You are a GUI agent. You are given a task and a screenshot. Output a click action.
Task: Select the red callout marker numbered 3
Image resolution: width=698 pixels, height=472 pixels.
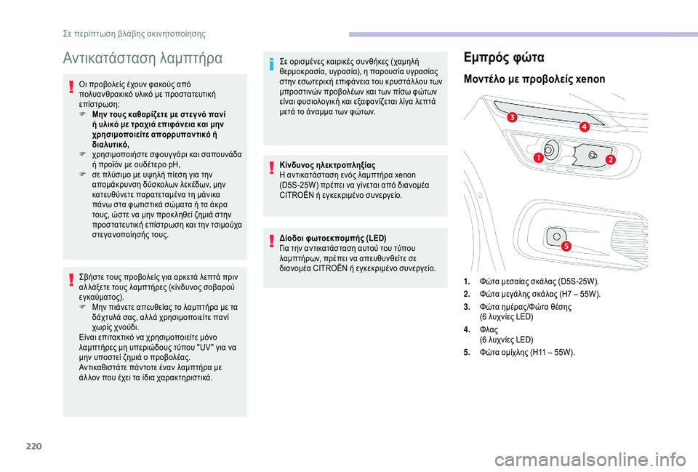tap(512, 117)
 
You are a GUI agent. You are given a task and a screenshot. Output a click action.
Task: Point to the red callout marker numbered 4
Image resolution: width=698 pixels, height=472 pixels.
tap(584, 127)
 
